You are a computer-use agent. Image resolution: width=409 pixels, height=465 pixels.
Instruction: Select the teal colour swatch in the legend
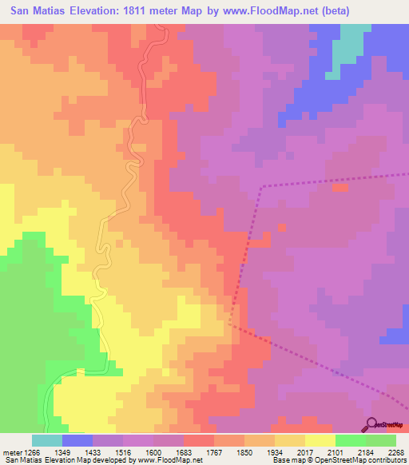pyautogui.click(x=47, y=440)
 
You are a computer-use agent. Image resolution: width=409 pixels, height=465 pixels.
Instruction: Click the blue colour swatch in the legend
pyautogui.click(x=77, y=440)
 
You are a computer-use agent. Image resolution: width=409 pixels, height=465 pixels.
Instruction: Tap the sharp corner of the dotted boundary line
pyautogui.click(x=260, y=186)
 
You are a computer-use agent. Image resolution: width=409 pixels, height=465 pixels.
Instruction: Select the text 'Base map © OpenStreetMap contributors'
pyautogui.click(x=338, y=461)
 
